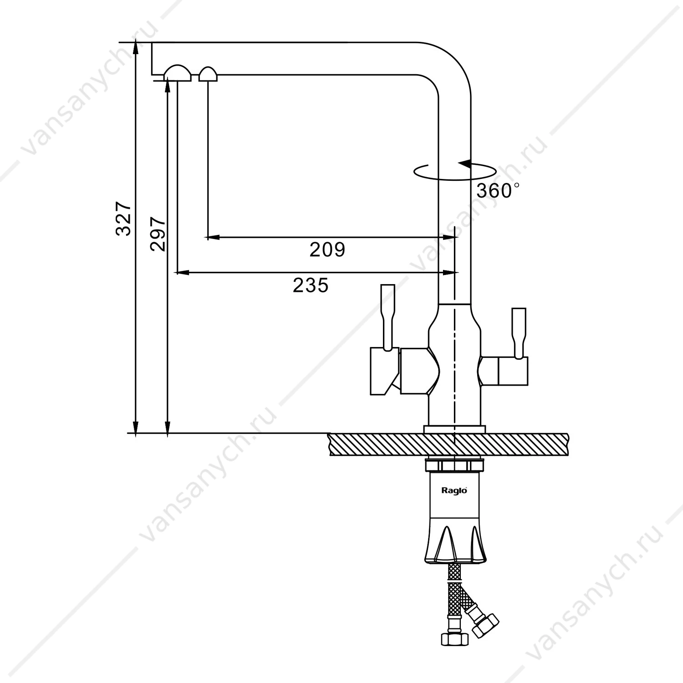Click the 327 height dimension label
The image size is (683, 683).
point(123,218)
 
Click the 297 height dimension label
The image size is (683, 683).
point(158,234)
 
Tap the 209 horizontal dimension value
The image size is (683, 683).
point(327,250)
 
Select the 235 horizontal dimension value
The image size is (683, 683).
point(311,285)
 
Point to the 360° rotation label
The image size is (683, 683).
point(498,190)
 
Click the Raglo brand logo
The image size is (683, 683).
point(454,490)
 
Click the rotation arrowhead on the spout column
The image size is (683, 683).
point(464,163)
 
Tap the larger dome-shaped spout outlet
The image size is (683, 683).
point(178,73)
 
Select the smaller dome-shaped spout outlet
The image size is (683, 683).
point(208,74)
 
